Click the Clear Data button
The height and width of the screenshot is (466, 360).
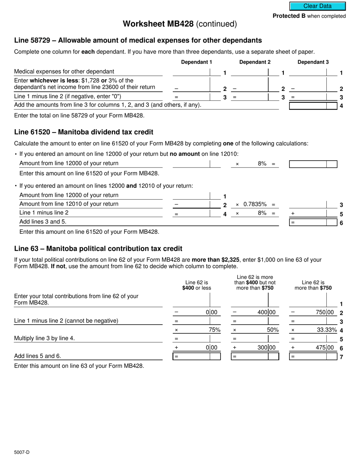(318, 6)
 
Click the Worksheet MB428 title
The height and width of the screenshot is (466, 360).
(180, 24)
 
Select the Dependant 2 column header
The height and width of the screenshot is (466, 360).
(255, 62)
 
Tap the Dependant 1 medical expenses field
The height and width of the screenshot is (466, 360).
(191, 72)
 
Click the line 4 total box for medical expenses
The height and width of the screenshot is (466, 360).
(308, 106)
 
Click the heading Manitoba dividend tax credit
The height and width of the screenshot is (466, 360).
(84, 132)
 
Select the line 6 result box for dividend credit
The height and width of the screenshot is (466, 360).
(308, 222)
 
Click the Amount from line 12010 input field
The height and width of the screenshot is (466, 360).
(191, 205)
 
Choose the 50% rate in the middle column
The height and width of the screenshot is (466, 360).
(272, 330)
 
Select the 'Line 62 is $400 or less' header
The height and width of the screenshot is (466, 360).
(196, 285)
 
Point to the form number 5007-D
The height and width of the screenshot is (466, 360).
(22, 452)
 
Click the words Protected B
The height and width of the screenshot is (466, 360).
(289, 16)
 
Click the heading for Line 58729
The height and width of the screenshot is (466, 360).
(138, 40)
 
